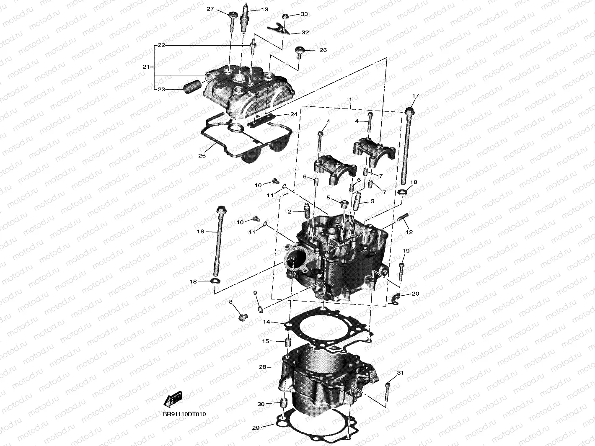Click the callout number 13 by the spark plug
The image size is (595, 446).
(x=264, y=9)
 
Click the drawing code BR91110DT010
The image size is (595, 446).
(x=184, y=414)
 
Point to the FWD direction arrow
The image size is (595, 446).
(x=173, y=400)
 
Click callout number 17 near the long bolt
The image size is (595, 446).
(x=415, y=96)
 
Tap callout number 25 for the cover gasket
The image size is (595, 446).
(x=202, y=156)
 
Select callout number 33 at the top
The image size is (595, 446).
(x=304, y=14)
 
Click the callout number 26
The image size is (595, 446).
(x=323, y=50)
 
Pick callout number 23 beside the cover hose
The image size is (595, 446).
(x=161, y=89)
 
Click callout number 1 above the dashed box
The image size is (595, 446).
(x=350, y=99)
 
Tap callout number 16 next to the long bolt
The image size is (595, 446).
(x=200, y=232)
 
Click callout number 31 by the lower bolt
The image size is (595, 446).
(x=400, y=373)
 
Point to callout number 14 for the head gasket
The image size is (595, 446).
(x=266, y=322)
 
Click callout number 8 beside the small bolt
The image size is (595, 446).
(x=230, y=302)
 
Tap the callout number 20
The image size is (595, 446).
(x=415, y=294)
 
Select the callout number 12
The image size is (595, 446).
(x=409, y=232)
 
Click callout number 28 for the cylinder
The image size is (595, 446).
(x=263, y=367)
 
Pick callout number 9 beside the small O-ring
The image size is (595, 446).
(x=255, y=292)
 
